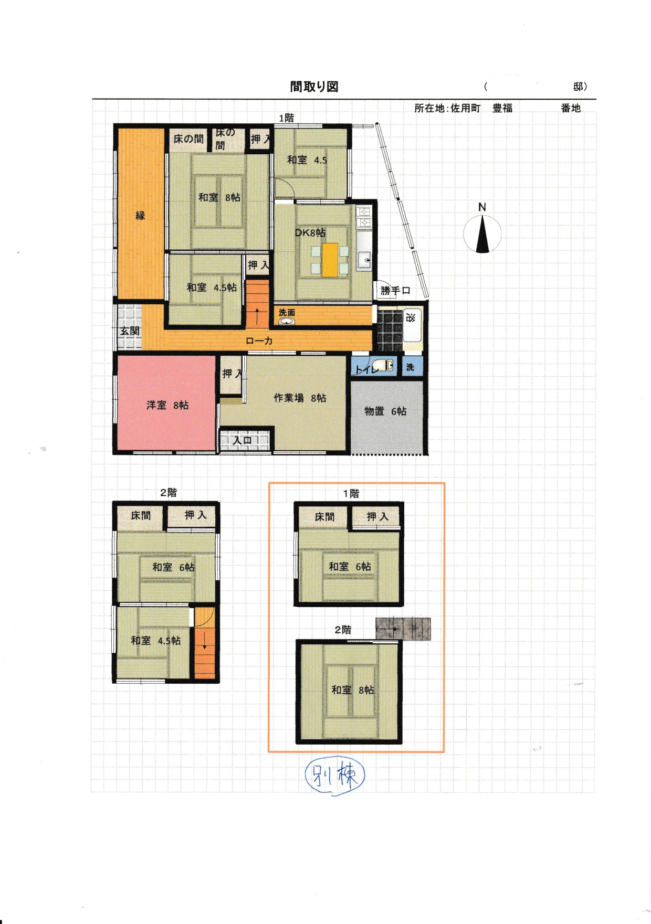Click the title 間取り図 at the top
coord(314,87)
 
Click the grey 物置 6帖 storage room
coord(386,417)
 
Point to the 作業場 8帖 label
coord(300,398)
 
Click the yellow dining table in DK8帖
coord(330,260)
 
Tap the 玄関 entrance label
coord(130,331)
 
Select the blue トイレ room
coord(374,366)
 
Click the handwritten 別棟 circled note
coord(334,775)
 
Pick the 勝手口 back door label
coord(395,290)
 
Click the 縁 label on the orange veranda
coord(140,215)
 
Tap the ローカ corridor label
coord(259,341)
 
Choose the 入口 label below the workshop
coord(243,441)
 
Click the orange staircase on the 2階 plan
coord(205,643)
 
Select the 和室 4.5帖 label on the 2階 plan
coord(156,641)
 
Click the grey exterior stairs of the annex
coord(403,629)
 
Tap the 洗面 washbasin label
coord(287,312)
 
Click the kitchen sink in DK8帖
coord(364,260)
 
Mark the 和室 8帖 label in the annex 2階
coord(353,690)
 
